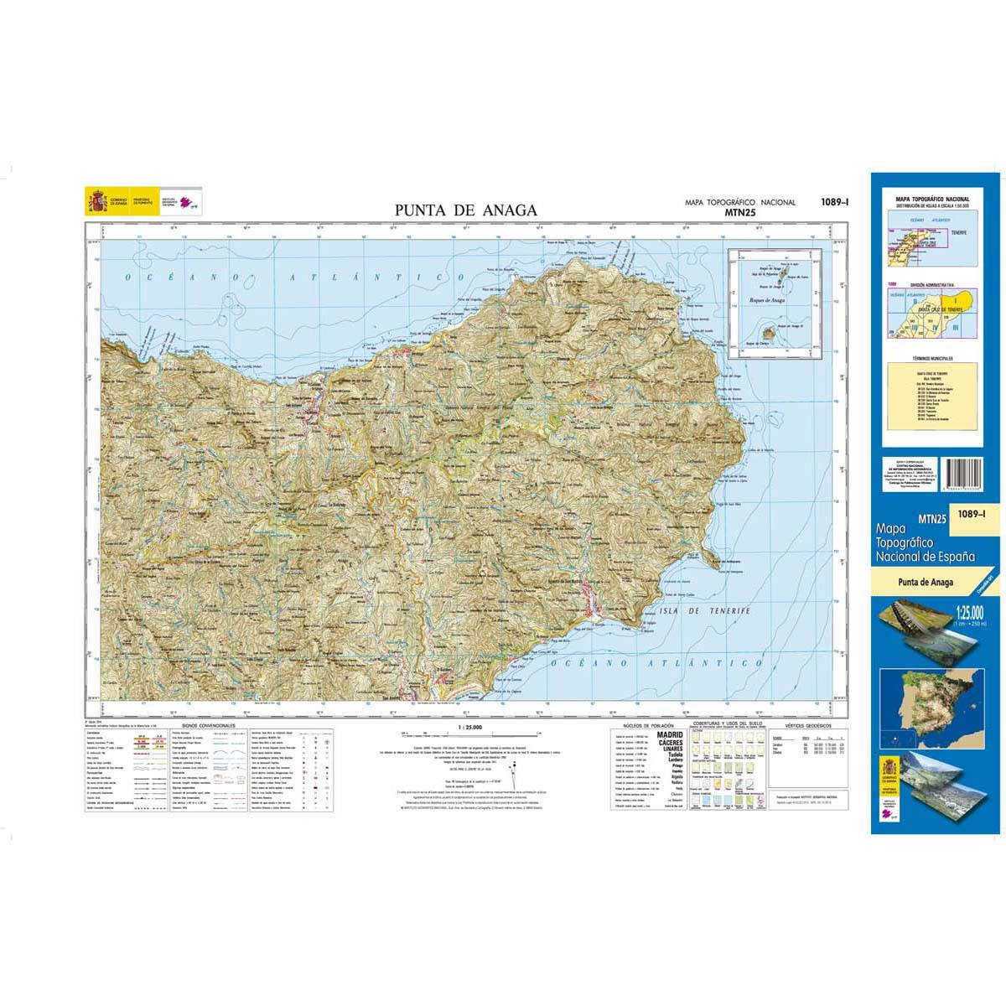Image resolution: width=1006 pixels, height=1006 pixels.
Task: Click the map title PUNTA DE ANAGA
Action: pyautogui.click(x=466, y=210)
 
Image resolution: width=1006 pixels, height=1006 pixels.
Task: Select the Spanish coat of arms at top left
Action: pyautogui.click(x=95, y=202)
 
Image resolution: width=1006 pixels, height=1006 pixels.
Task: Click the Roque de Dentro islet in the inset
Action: pyautogui.click(x=766, y=335)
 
